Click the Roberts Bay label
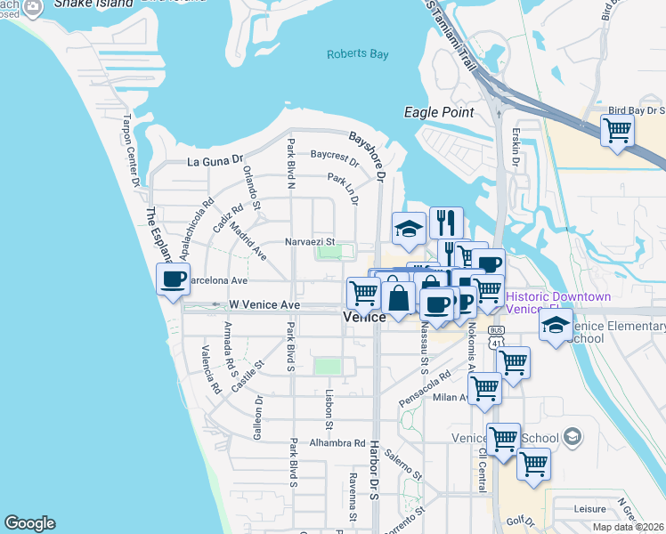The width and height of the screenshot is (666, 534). [x=358, y=54]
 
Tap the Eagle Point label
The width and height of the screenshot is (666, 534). [x=439, y=112]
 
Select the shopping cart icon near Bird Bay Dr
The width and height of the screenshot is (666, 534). [x=617, y=131]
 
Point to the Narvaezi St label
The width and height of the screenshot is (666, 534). [x=309, y=241]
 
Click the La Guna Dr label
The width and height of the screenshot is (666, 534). [x=215, y=161]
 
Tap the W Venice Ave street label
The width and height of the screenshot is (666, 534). [x=264, y=304]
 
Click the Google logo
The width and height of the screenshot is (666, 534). [x=29, y=523]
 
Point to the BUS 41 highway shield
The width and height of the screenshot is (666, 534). [x=496, y=335]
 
